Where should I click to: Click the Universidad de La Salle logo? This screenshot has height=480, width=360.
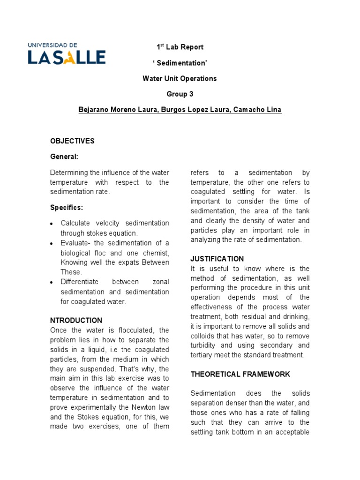[x=67, y=53]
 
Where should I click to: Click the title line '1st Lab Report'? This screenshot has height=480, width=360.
[x=180, y=47]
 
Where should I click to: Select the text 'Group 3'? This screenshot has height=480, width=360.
[x=180, y=94]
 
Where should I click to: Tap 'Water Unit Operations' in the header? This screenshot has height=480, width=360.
[x=180, y=78]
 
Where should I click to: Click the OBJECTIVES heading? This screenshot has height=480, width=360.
[x=72, y=141]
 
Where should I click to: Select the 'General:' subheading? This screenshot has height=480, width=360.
[x=64, y=157]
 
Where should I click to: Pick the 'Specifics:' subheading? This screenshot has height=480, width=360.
[x=67, y=207]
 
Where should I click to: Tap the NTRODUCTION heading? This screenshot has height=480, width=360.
[x=76, y=321]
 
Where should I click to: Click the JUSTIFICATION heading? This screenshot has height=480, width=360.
[x=217, y=259]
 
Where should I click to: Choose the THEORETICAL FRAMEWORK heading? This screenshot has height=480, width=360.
[x=240, y=374]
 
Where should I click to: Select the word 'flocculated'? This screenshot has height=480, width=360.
[x=130, y=330]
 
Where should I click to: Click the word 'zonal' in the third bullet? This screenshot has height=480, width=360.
[x=161, y=282]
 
